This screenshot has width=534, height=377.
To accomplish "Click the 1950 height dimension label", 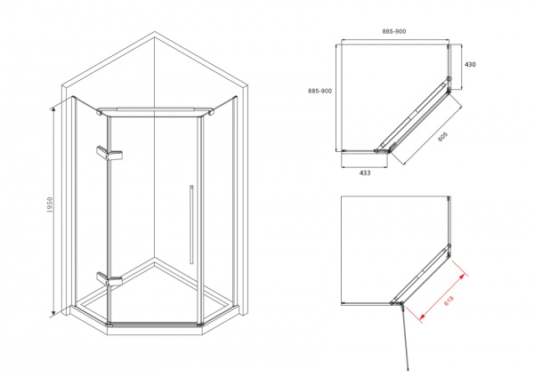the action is [50, 205].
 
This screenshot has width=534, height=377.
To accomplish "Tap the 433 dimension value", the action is [365, 172].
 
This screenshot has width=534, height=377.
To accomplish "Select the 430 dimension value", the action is [470, 64].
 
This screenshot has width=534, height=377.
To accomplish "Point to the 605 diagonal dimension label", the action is [442, 136].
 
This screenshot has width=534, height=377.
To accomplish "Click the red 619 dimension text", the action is [449, 301].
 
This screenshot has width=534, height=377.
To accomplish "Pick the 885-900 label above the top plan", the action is [394, 31].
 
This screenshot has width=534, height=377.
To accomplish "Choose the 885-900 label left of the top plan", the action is [320, 91].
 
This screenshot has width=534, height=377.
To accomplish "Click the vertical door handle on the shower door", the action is [191, 225].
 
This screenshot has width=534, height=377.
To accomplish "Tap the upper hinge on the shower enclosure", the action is [109, 153].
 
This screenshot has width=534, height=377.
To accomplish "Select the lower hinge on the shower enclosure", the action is [109, 278].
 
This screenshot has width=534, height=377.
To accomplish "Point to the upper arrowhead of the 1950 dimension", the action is [53, 108].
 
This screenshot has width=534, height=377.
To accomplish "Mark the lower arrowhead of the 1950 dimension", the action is [53, 313].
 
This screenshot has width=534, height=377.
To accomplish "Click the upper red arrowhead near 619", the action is [462, 277].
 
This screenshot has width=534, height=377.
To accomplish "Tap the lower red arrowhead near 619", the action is [422, 317].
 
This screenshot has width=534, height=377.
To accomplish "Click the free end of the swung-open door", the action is [408, 369].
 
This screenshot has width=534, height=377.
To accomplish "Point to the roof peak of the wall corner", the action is [155, 32].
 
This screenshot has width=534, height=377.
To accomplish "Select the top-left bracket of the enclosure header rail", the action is [100, 112].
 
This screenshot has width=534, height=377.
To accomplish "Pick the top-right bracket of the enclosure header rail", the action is [211, 112].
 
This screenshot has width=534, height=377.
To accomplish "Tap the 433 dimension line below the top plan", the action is [364, 167].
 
